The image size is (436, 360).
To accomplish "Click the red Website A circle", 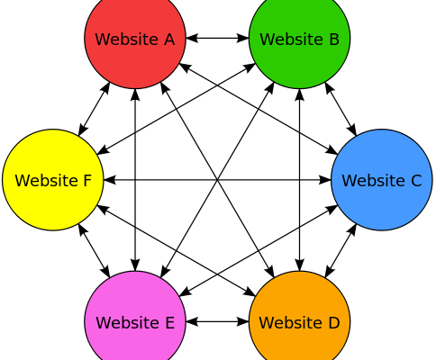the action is [x=135, y=39].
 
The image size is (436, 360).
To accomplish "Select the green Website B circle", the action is [x=299, y=39].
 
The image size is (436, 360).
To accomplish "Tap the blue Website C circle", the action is [x=382, y=180].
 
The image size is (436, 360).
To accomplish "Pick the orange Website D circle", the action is [x=299, y=321].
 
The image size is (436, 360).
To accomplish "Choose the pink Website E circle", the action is [x=135, y=321].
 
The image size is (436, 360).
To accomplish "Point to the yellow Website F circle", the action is [x=53, y=180].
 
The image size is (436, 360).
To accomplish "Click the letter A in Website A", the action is [x=169, y=40].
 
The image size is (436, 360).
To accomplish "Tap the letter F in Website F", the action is [x=86, y=181].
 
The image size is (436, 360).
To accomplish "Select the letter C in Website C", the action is [x=416, y=181].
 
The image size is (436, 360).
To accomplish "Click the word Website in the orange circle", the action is [x=285, y=322].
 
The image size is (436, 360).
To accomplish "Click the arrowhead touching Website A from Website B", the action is [x=192, y=39].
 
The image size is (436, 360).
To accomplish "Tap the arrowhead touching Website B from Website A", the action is [x=242, y=39].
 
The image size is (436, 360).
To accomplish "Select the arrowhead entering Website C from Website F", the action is [x=325, y=180].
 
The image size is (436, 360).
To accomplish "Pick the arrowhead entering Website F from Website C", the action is [x=110, y=180].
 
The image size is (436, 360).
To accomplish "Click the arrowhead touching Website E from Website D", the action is [x=192, y=321].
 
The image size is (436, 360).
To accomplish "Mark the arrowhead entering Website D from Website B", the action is [x=299, y=265].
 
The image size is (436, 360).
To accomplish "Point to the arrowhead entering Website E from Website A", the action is [x=135, y=265].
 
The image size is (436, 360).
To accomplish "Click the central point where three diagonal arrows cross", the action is [x=217, y=180].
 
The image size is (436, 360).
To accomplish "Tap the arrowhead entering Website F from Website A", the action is [x=82, y=130].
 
